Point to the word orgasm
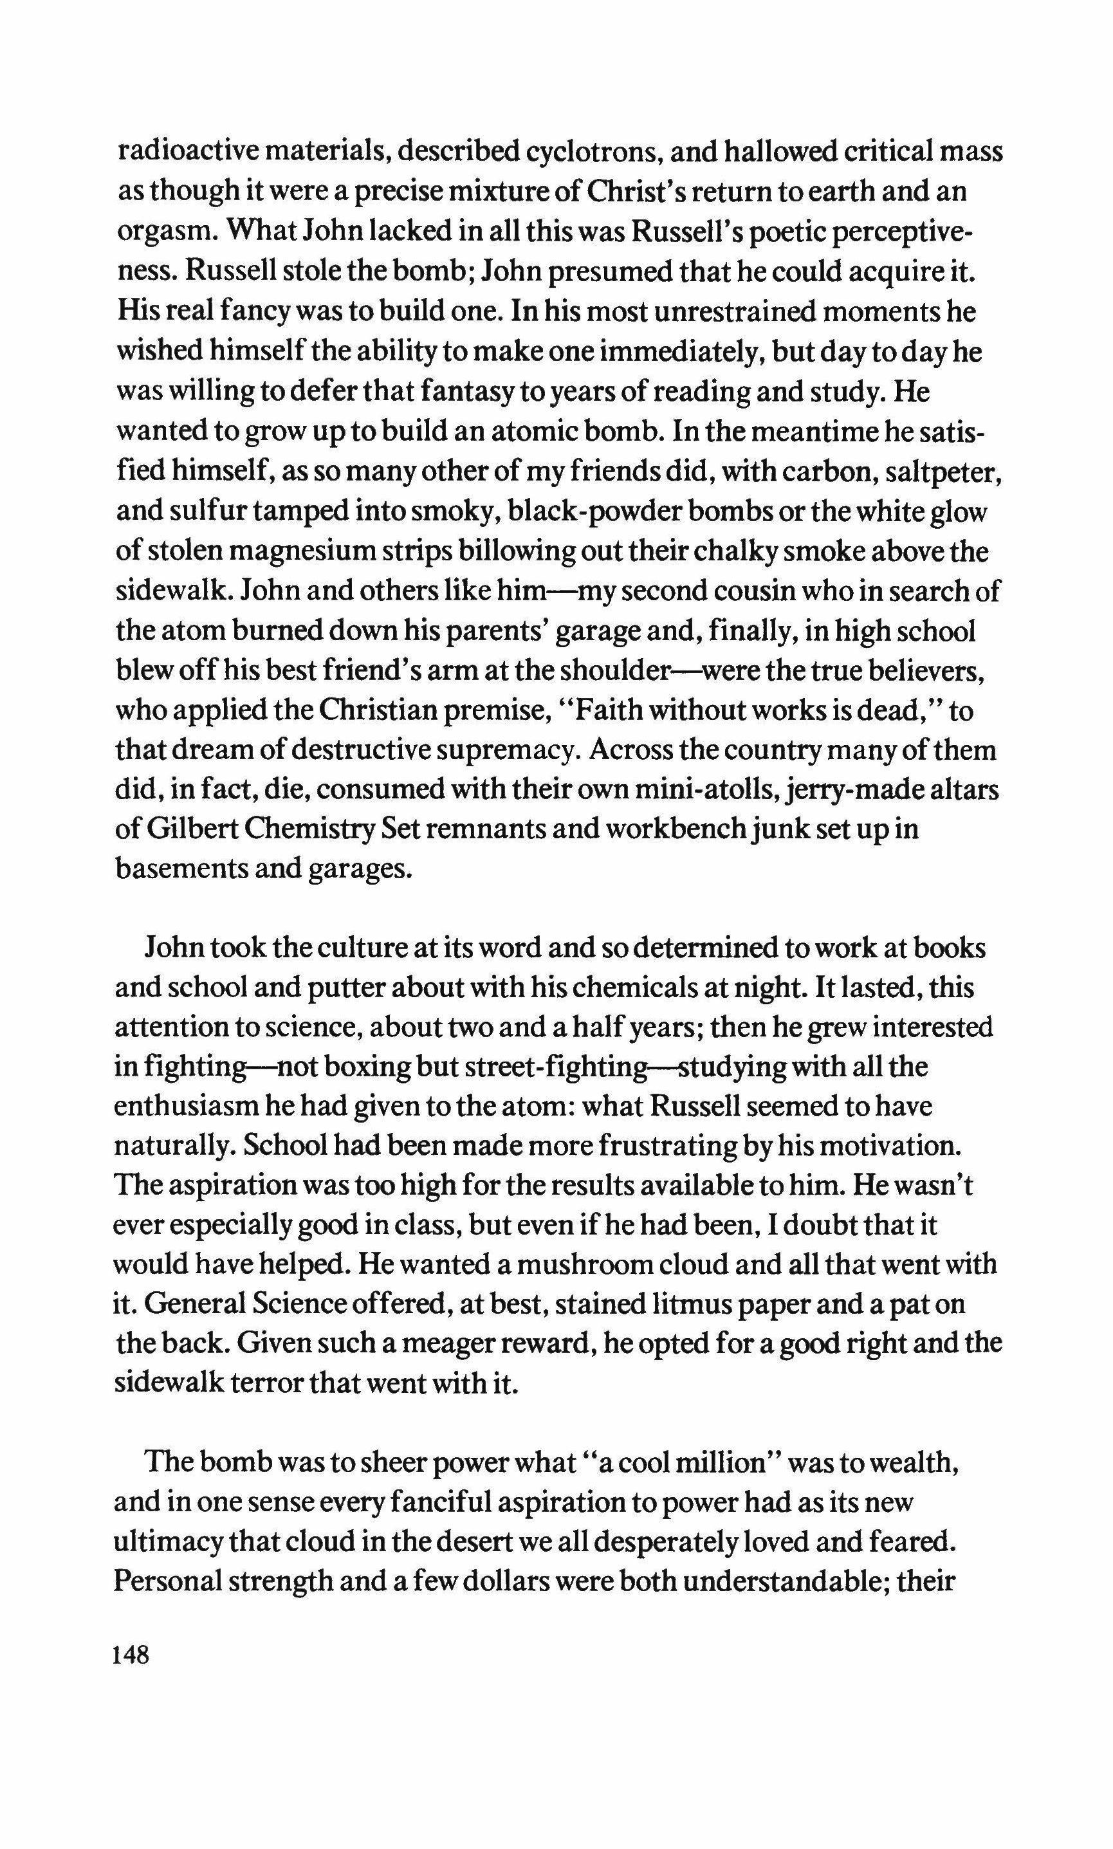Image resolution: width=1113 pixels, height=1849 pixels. pyautogui.click(x=163, y=232)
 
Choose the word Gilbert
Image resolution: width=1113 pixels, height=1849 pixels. pyautogui.click(x=190, y=830)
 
